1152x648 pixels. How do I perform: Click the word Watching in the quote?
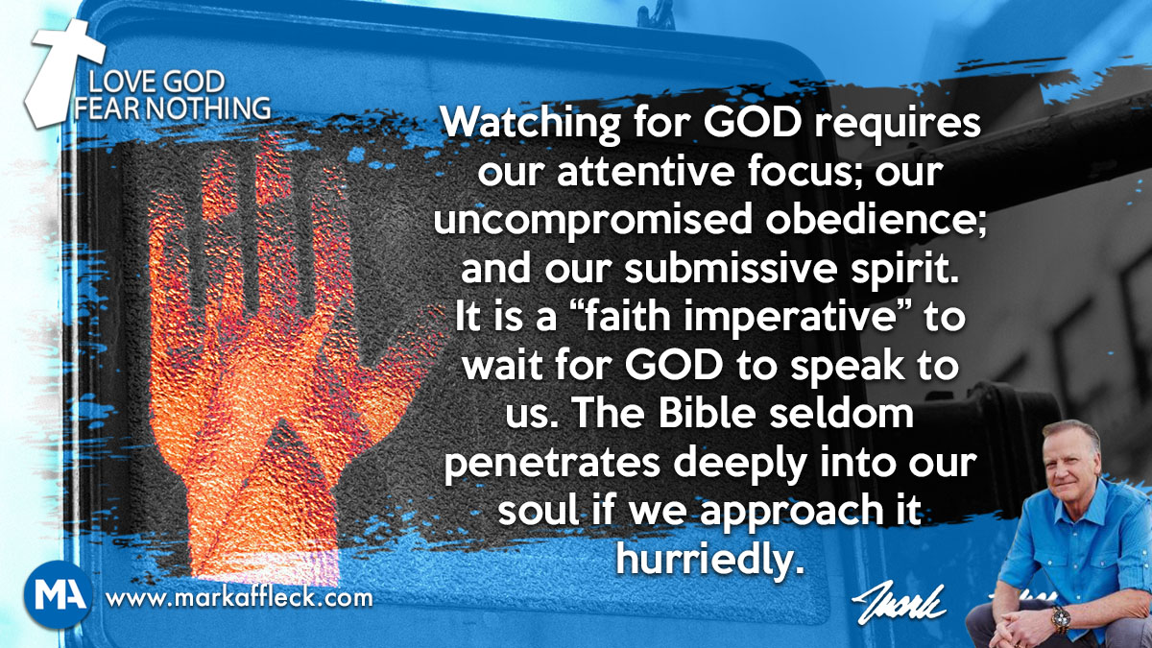coord(530,125)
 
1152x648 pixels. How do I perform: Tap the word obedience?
coord(872,220)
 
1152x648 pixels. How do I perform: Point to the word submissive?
coord(731,269)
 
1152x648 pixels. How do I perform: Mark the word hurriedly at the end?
coord(709,558)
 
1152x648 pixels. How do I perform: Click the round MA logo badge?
coord(59,594)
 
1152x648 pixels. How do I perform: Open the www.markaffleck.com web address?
coord(239,598)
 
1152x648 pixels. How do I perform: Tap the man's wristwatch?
coord(1061,617)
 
